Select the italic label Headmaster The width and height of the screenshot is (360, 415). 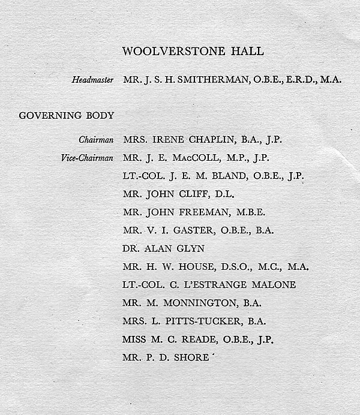(x=94, y=79)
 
